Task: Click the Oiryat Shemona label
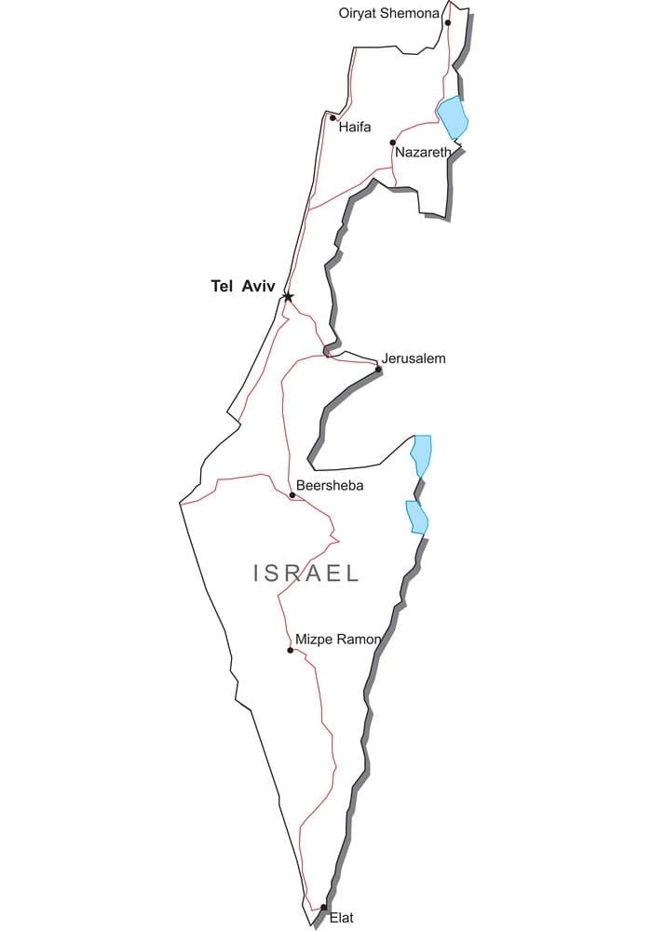388,12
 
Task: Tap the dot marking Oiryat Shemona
448,23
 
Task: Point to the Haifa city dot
333,117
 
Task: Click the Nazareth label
423,152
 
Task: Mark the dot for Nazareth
393,143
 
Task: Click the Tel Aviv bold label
243,287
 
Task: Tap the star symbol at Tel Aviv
288,297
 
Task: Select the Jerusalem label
414,358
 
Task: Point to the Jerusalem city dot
378,370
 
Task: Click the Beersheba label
329,485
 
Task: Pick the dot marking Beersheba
292,495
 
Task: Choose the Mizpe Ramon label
337,640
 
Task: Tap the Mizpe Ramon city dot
291,650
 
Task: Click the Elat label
342,918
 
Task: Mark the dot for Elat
323,907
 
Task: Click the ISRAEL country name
306,573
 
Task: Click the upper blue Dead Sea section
423,453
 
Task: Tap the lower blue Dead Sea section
416,517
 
